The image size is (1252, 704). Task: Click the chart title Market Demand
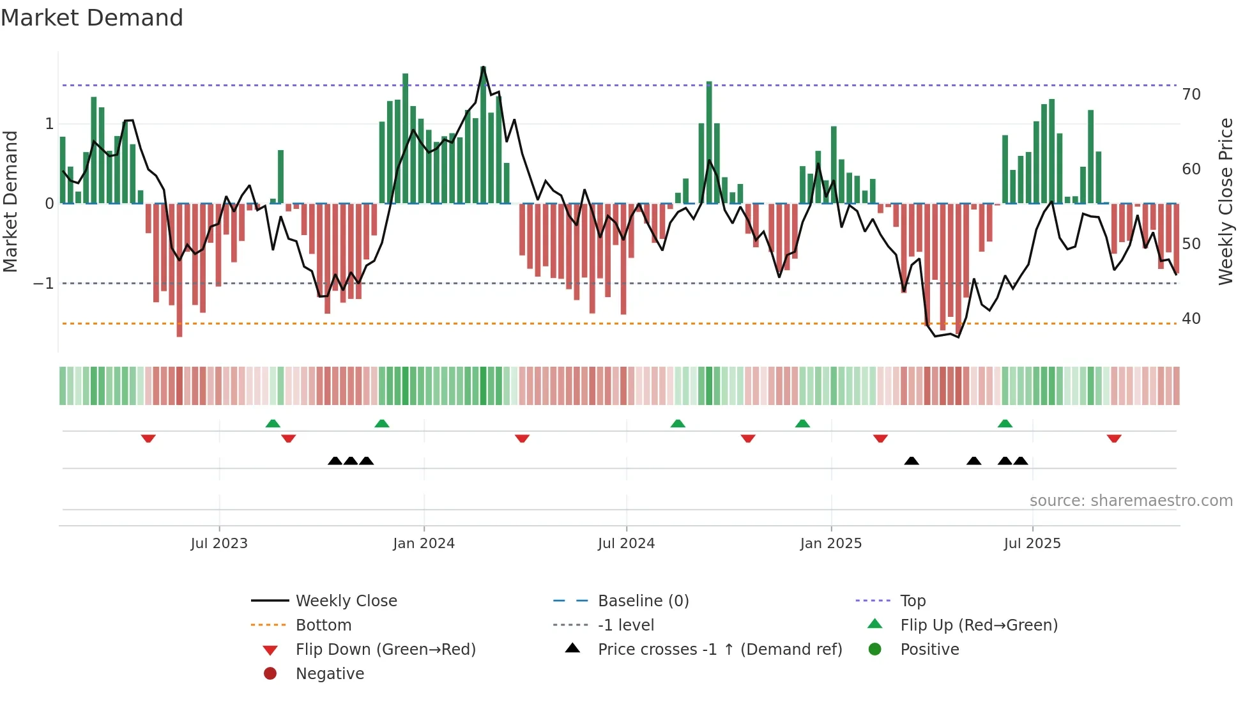[x=92, y=18]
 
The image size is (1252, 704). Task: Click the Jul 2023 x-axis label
[x=219, y=544]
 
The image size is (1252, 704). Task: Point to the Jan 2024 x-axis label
[x=424, y=544]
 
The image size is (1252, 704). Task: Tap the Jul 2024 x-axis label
[x=626, y=544]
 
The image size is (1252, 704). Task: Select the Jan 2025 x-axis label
[x=830, y=544]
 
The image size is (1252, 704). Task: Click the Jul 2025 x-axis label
[x=1032, y=544]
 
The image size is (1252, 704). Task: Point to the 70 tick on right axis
[x=1191, y=95]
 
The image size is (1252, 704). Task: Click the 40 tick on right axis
[x=1191, y=318]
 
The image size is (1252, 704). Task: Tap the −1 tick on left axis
[x=43, y=284]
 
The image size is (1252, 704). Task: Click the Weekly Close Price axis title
[x=1225, y=201]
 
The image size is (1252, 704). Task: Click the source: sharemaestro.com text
[x=1131, y=501]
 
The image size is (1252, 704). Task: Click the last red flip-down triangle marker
[x=1114, y=438]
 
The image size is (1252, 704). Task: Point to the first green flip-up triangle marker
[x=273, y=424]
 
